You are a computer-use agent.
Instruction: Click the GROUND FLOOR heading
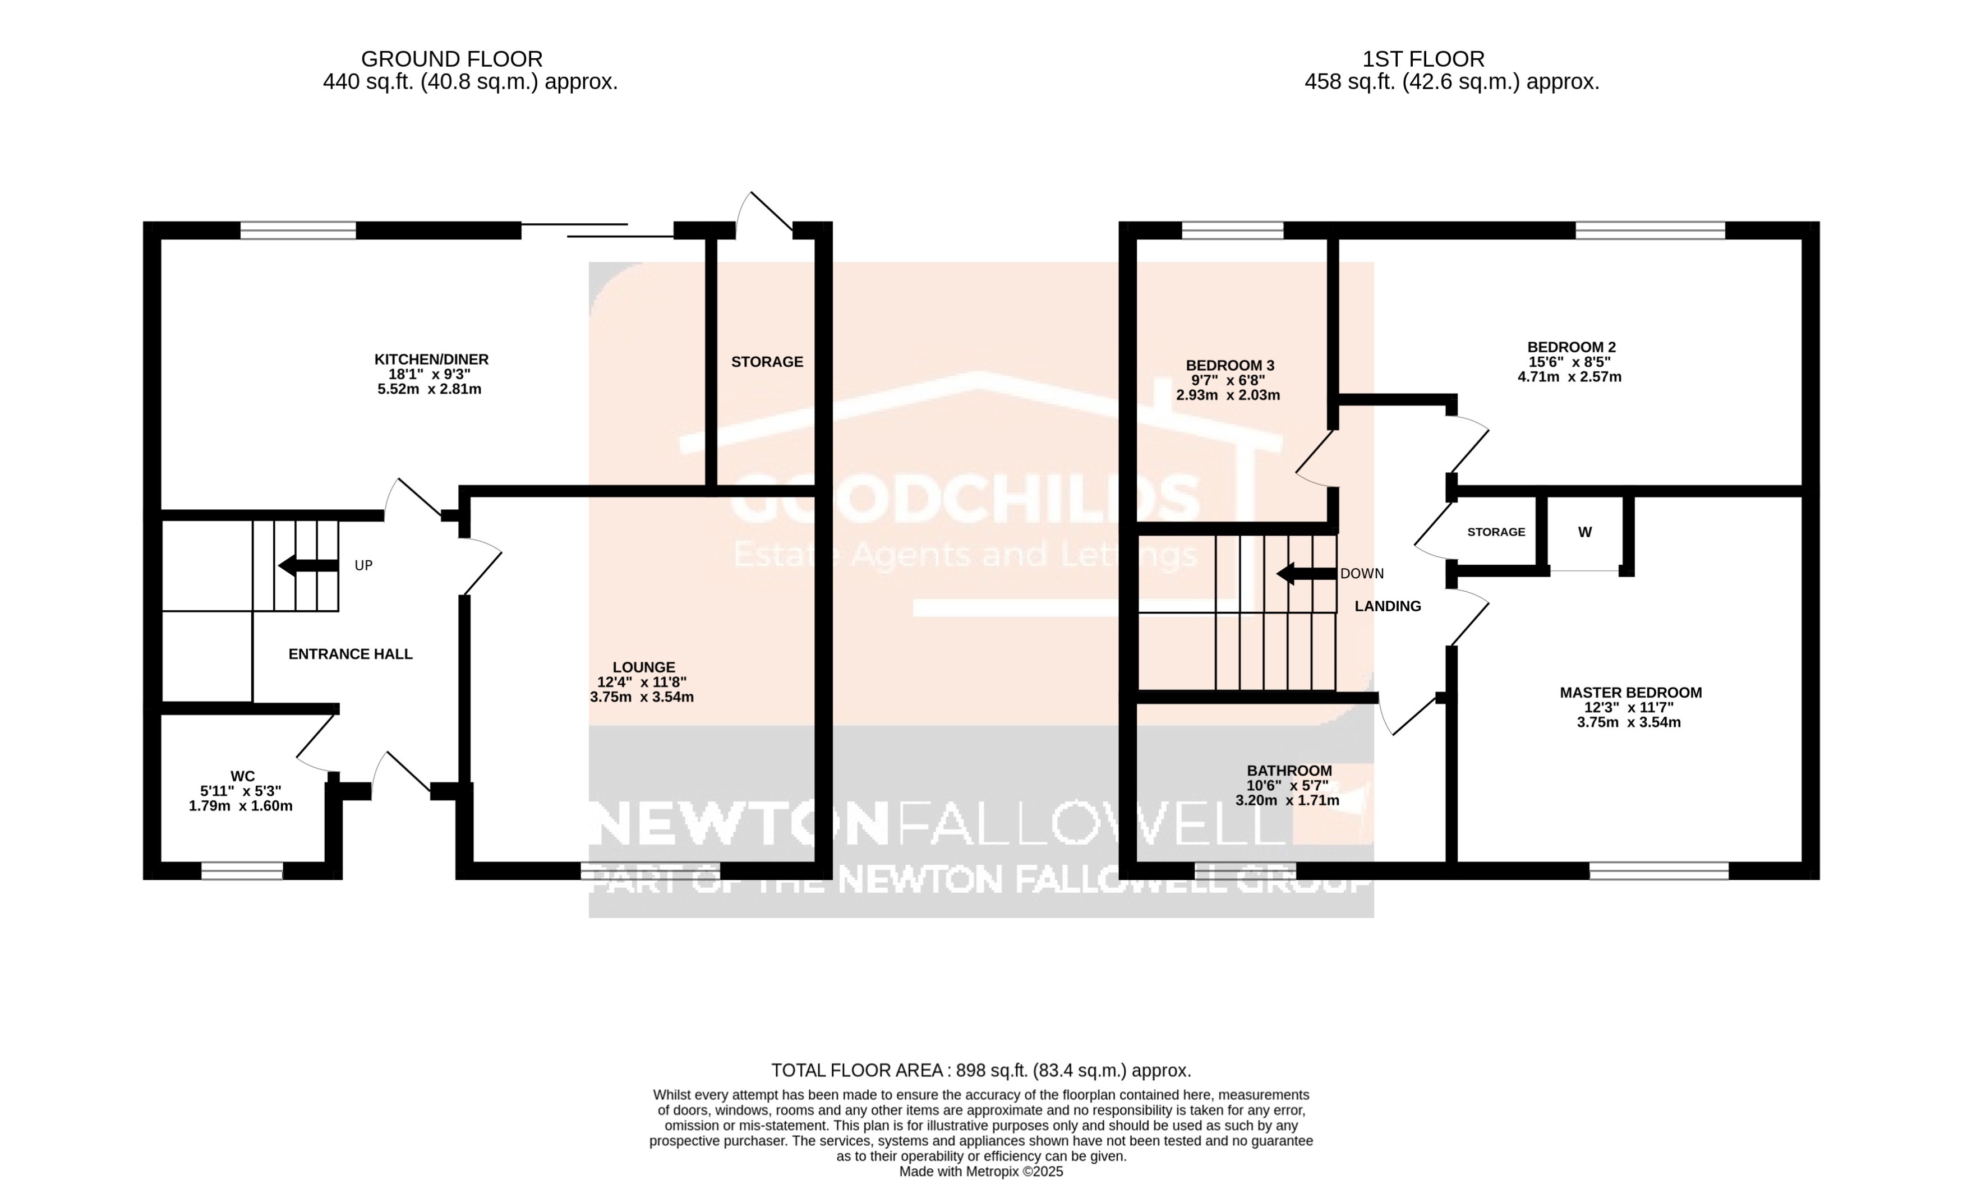451,59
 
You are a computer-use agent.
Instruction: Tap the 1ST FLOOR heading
1423,59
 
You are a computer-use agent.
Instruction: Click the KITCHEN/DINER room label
431,359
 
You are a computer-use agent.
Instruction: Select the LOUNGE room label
643,667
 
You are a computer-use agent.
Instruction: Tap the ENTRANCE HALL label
350,653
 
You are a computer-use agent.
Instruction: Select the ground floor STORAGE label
767,362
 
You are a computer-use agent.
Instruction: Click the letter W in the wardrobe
1584,532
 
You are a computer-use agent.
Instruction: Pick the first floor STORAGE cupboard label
1495,532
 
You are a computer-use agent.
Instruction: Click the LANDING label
1388,606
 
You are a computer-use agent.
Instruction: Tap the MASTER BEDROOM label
1630,693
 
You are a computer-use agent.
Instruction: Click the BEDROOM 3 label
1229,365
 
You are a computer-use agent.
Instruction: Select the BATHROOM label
1289,771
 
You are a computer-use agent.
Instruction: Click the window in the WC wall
242,870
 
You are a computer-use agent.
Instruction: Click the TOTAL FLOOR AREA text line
981,1070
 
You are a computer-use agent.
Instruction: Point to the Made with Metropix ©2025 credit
980,1171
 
